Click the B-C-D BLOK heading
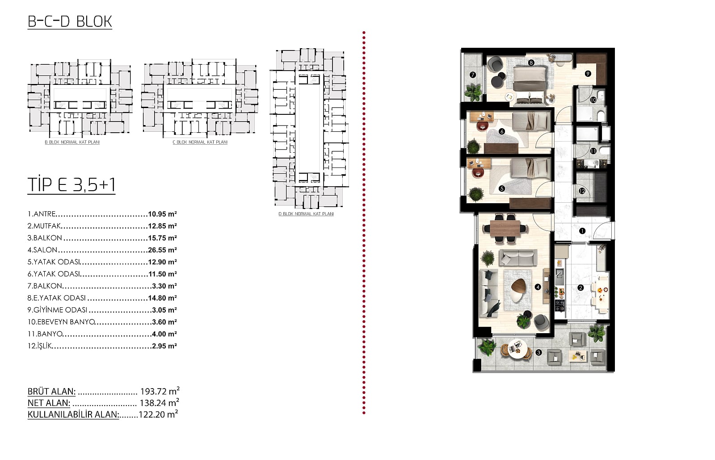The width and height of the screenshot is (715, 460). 70,22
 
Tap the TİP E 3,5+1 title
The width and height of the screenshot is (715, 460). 71,184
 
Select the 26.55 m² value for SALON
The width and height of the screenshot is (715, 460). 163,250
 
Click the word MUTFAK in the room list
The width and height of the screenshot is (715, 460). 47,226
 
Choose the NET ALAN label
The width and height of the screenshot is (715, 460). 49,402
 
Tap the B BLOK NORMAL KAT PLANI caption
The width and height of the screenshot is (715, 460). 72,142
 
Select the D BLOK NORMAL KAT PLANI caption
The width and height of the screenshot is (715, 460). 306,214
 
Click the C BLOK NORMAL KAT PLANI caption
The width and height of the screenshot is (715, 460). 200,142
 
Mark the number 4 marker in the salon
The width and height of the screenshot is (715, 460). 538,287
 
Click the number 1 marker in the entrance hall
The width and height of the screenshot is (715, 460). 582,230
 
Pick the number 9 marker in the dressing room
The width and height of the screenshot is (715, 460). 588,74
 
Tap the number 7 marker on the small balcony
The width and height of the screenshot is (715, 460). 473,75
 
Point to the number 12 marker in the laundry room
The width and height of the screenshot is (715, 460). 582,191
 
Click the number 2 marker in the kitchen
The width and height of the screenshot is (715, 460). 580,288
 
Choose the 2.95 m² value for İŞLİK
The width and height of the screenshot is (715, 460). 164,346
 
